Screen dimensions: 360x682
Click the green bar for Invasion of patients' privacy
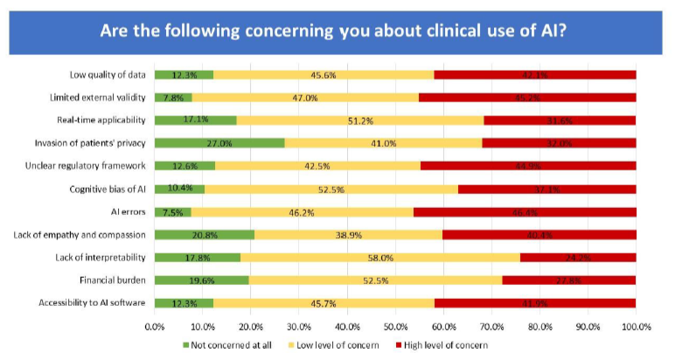219,142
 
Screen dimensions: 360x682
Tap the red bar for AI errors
525,211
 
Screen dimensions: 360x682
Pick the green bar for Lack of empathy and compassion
205,234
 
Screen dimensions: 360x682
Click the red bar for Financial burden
569,280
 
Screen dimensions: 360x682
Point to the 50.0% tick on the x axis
395,327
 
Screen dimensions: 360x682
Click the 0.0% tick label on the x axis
155,327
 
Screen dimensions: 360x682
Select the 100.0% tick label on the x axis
636,327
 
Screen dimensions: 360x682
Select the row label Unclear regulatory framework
95,165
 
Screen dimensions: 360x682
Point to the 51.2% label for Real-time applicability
359,120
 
